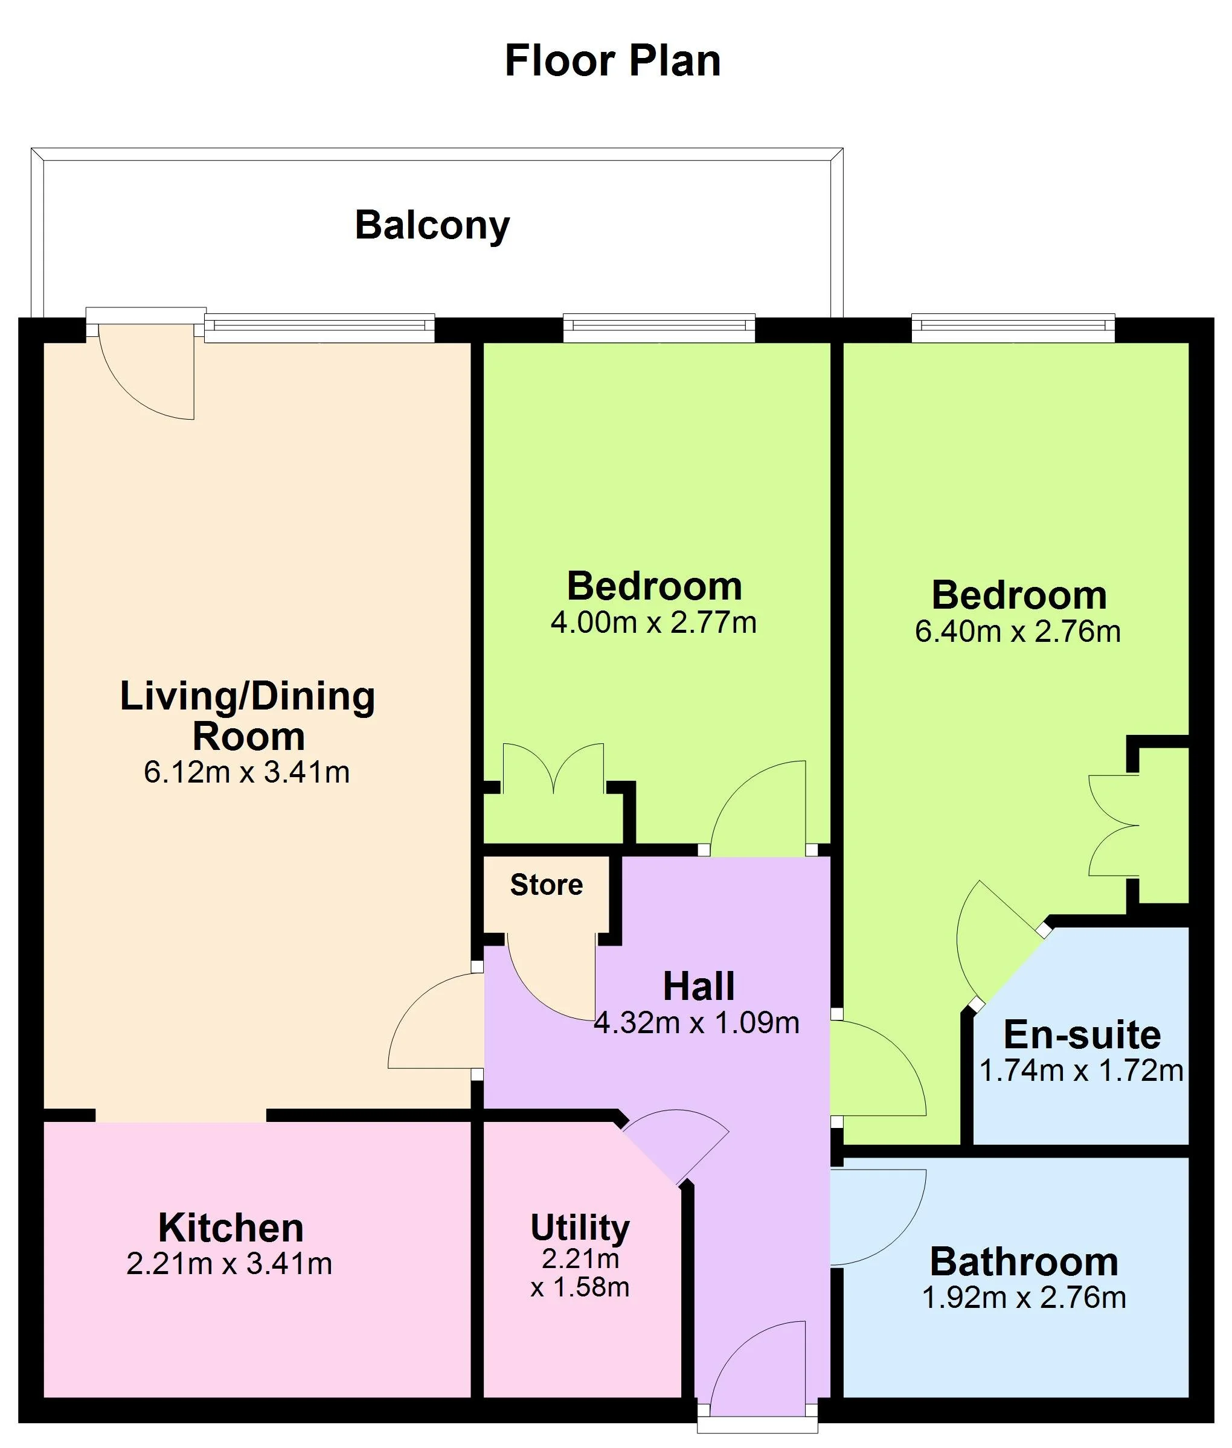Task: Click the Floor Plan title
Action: click(x=612, y=61)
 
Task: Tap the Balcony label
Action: click(x=432, y=225)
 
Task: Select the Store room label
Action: click(x=546, y=885)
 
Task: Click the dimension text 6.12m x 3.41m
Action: click(x=246, y=772)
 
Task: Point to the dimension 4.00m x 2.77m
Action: click(x=653, y=622)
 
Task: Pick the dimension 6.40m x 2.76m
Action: click(x=1018, y=631)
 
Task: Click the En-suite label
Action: click(x=1082, y=1035)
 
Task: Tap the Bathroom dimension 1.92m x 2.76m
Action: click(x=1024, y=1298)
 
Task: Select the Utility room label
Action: click(x=580, y=1228)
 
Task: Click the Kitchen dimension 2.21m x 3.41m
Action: click(x=229, y=1264)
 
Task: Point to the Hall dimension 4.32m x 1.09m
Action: click(x=696, y=1023)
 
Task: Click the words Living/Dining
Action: click(x=248, y=696)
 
